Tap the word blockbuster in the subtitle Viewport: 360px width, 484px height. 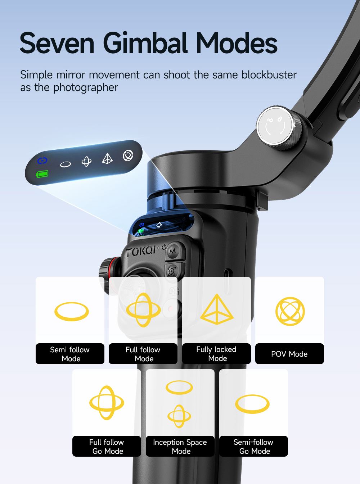pyautogui.click(x=269, y=75)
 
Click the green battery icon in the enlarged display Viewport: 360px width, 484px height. pyautogui.click(x=42, y=174)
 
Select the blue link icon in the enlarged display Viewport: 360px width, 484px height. pyautogui.click(x=42, y=161)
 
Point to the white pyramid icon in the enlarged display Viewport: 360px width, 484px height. pyautogui.click(x=107, y=159)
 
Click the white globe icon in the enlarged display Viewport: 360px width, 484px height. pyautogui.click(x=128, y=155)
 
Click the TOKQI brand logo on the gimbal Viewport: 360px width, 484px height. pyautogui.click(x=141, y=252)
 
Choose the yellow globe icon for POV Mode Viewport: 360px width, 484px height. pyautogui.click(x=290, y=311)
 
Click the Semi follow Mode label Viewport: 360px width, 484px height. pyautogui.click(x=70, y=354)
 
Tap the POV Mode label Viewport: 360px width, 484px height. pyautogui.click(x=289, y=354)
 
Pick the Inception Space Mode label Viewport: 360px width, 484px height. pyautogui.click(x=180, y=446)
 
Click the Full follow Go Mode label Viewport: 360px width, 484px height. pyautogui.click(x=107, y=446)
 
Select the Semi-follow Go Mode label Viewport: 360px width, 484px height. pyautogui.click(x=253, y=446)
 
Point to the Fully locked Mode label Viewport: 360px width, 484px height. pyautogui.click(x=216, y=354)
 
